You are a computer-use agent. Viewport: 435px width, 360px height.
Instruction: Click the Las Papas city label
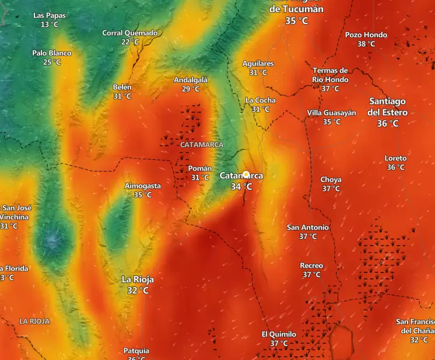(50, 15)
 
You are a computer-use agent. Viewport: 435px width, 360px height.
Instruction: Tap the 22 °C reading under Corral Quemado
(130, 42)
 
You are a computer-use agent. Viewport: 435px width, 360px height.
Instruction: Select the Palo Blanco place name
(52, 53)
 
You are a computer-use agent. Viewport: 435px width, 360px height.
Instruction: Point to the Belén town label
(122, 88)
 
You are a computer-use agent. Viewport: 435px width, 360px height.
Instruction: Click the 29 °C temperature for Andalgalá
(191, 89)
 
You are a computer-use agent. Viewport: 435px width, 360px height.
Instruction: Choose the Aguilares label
(258, 64)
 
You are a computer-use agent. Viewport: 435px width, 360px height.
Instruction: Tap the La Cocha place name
(261, 100)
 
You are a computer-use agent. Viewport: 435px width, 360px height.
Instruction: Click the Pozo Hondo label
(366, 35)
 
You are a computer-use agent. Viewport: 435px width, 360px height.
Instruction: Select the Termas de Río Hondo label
(330, 75)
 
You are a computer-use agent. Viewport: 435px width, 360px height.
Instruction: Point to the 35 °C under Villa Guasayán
(332, 122)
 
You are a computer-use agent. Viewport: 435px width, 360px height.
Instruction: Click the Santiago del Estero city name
(388, 107)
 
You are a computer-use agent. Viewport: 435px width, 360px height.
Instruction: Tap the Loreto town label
(396, 158)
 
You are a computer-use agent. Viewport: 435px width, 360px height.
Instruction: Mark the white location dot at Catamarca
(246, 174)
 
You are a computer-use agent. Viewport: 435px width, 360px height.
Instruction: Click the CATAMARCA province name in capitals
(202, 144)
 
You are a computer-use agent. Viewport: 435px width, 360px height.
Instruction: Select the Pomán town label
(200, 169)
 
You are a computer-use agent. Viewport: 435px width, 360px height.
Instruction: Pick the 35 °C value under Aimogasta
(143, 195)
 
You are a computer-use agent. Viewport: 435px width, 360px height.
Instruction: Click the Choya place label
(331, 180)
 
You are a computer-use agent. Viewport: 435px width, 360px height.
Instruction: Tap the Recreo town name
(311, 265)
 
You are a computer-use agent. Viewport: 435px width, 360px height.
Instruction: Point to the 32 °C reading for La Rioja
(138, 290)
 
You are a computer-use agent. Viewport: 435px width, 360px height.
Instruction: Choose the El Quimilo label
(279, 334)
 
